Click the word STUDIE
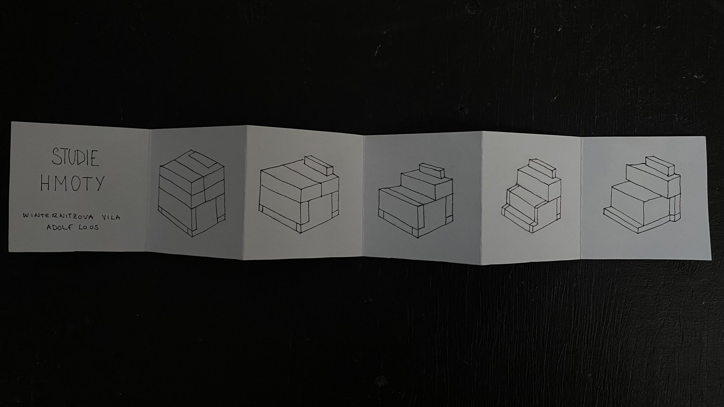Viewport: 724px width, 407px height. coord(75,158)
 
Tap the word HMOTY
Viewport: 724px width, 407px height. coord(72,183)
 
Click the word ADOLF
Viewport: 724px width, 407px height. coord(60,228)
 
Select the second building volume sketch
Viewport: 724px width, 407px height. coord(300,194)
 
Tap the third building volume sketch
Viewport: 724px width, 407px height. coord(416,200)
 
